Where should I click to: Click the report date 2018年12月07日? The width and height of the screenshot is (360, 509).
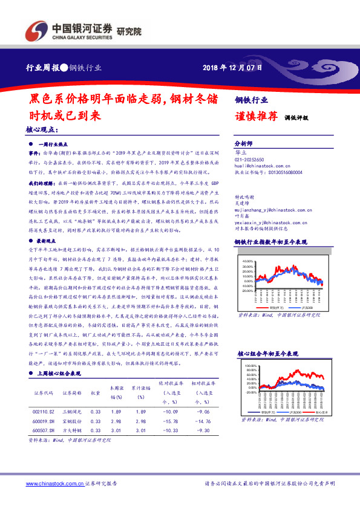tap(232, 68)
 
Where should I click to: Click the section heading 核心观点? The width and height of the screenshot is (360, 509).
tap(42, 129)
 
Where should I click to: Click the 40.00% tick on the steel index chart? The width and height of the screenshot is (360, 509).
tap(249, 261)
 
